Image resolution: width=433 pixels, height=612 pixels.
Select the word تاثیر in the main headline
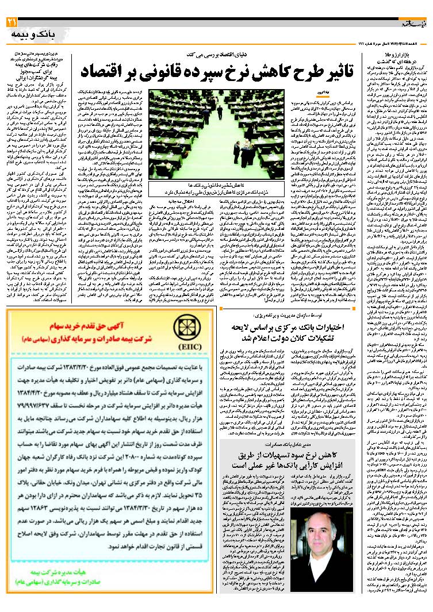coord(334,71)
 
